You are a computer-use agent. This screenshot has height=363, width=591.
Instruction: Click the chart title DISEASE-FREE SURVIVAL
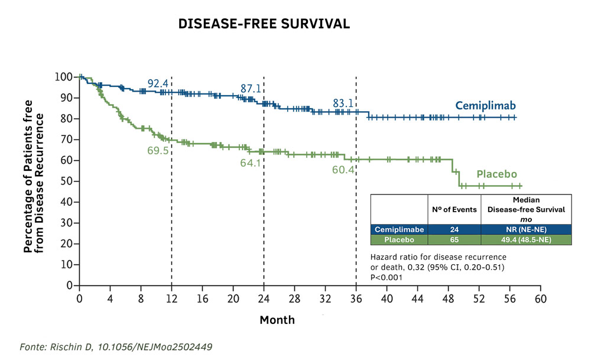pos(264,24)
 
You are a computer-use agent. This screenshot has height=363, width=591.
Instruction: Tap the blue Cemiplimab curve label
pos(486,106)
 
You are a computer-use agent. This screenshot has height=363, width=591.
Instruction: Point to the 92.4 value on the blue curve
pos(158,84)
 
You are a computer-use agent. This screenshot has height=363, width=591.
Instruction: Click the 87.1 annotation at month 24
pos(251,89)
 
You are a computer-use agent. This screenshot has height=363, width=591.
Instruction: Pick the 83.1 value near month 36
pos(343,103)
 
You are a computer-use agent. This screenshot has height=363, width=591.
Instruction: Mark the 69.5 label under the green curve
pos(158,150)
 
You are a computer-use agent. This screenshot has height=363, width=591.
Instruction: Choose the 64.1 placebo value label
pos(251,163)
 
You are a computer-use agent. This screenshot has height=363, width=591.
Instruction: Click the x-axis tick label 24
pos(264,299)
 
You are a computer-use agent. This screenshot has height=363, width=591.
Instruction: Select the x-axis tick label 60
pos(540,299)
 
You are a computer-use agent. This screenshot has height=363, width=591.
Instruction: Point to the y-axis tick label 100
pos(63,77)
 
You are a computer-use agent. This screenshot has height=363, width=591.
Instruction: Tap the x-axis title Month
pos(277,320)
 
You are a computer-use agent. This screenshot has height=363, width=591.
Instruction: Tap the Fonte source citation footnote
pos(116,346)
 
